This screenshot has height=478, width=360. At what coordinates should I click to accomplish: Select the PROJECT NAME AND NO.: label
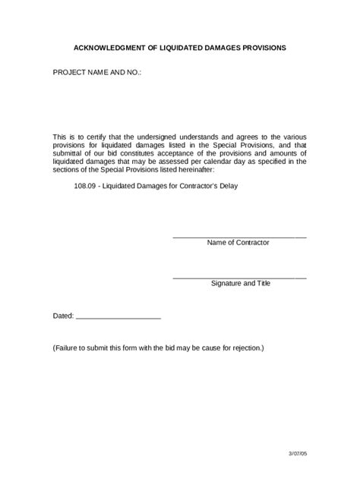click(x=96, y=74)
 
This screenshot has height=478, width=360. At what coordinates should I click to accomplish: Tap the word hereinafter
click(x=198, y=169)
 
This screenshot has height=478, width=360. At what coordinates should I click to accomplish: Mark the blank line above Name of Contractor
click(x=239, y=237)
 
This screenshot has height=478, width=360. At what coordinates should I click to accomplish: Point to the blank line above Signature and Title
click(x=239, y=278)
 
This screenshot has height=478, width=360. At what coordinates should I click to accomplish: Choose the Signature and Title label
click(x=240, y=284)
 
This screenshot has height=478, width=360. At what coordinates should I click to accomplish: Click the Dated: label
click(x=63, y=315)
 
